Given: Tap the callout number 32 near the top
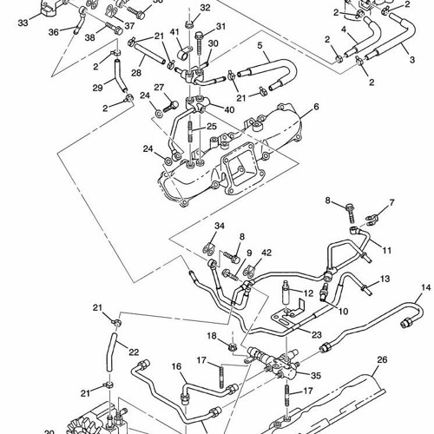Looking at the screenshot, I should coord(205,8).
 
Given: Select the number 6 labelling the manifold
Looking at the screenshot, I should coord(316,106).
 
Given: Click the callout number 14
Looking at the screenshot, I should coord(425,287).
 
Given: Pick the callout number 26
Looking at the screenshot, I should coord(382,359).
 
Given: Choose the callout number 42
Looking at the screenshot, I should coord(266,253).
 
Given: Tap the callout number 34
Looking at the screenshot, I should coord(220,227).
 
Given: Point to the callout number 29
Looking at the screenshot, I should coord(97,89).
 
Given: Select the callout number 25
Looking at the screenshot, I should coord(212,127).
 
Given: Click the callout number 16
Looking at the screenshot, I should coord(177,368).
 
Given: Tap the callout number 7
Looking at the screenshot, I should coord(391,202).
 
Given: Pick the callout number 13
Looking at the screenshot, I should coord(385,279).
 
